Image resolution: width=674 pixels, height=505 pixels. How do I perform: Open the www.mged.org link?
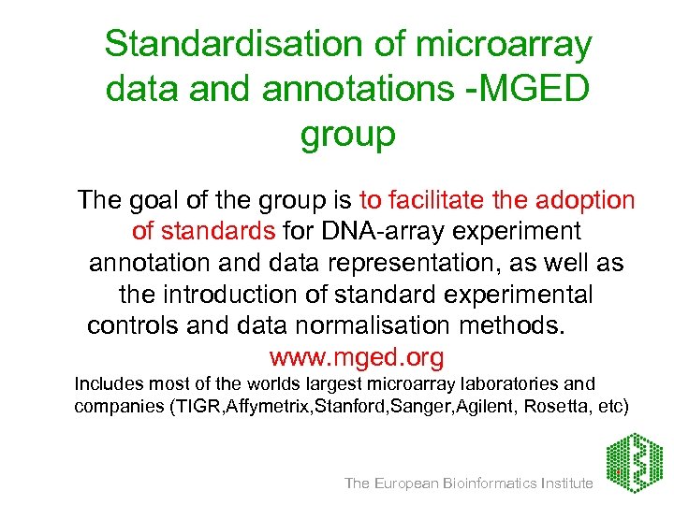click(x=356, y=358)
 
